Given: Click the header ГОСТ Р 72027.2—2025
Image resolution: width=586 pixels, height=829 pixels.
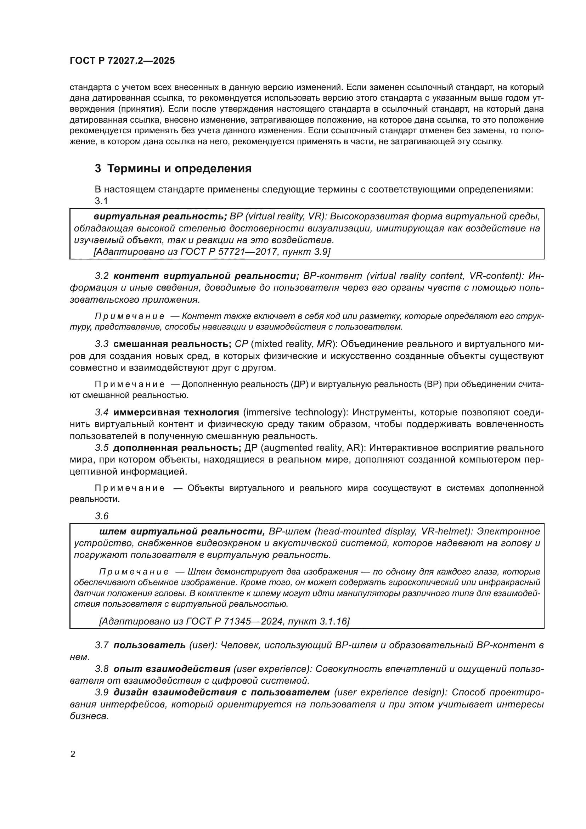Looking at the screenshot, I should tap(122, 61).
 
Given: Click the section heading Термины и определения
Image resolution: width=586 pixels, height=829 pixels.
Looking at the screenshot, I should tap(179, 169).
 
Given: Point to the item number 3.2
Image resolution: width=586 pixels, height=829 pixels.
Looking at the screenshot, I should tap(101, 276).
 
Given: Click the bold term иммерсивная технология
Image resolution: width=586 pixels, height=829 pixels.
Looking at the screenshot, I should tap(176, 412).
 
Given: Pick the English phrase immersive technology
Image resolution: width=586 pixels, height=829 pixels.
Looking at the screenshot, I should tap(293, 412).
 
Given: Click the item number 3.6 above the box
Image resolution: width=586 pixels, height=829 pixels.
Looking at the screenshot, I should tap(101, 516).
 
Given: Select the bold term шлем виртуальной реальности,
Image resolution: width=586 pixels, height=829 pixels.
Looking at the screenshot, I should tap(182, 531).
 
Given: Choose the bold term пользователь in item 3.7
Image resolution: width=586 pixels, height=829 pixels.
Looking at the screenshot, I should tap(150, 645).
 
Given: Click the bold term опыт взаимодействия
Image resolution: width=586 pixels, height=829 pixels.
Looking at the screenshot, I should tap(172, 669).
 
